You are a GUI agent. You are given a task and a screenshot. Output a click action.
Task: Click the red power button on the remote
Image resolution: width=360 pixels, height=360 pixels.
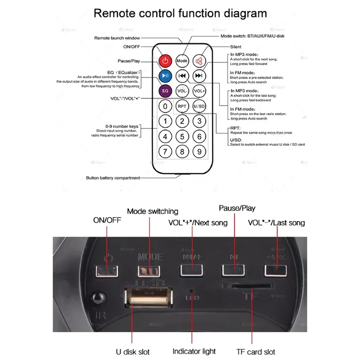pyautogui.click(x=166, y=60)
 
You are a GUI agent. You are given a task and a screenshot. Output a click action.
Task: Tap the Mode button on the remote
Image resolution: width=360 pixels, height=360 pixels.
pyautogui.click(x=182, y=60)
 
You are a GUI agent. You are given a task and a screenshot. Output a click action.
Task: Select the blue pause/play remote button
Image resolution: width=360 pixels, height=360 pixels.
pyautogui.click(x=166, y=75)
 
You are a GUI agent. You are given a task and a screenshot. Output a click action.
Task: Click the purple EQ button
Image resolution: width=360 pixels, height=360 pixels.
pyautogui.click(x=166, y=91)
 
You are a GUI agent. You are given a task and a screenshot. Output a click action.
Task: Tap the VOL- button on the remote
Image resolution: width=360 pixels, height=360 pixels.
pyautogui.click(x=182, y=91)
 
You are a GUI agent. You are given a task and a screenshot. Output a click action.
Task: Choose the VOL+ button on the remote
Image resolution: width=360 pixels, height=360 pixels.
pyautogui.click(x=199, y=91)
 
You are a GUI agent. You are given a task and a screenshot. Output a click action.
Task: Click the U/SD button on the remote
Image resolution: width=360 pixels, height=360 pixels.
pyautogui.click(x=199, y=106)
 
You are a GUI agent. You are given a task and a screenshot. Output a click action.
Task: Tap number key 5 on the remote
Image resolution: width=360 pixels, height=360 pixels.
pyautogui.click(x=182, y=136)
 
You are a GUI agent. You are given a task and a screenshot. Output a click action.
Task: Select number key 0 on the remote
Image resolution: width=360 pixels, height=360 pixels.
pyautogui.click(x=166, y=106)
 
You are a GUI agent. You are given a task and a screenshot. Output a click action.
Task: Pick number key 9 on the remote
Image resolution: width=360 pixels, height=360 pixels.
pyautogui.click(x=199, y=152)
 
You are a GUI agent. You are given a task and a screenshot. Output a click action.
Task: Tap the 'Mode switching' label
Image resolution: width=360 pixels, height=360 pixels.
pyautogui.click(x=152, y=212)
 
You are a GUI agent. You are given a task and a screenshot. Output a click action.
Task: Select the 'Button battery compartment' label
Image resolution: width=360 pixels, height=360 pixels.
pyautogui.click(x=113, y=178)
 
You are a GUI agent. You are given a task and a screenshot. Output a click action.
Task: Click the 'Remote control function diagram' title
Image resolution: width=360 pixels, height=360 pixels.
pyautogui.click(x=180, y=13)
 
